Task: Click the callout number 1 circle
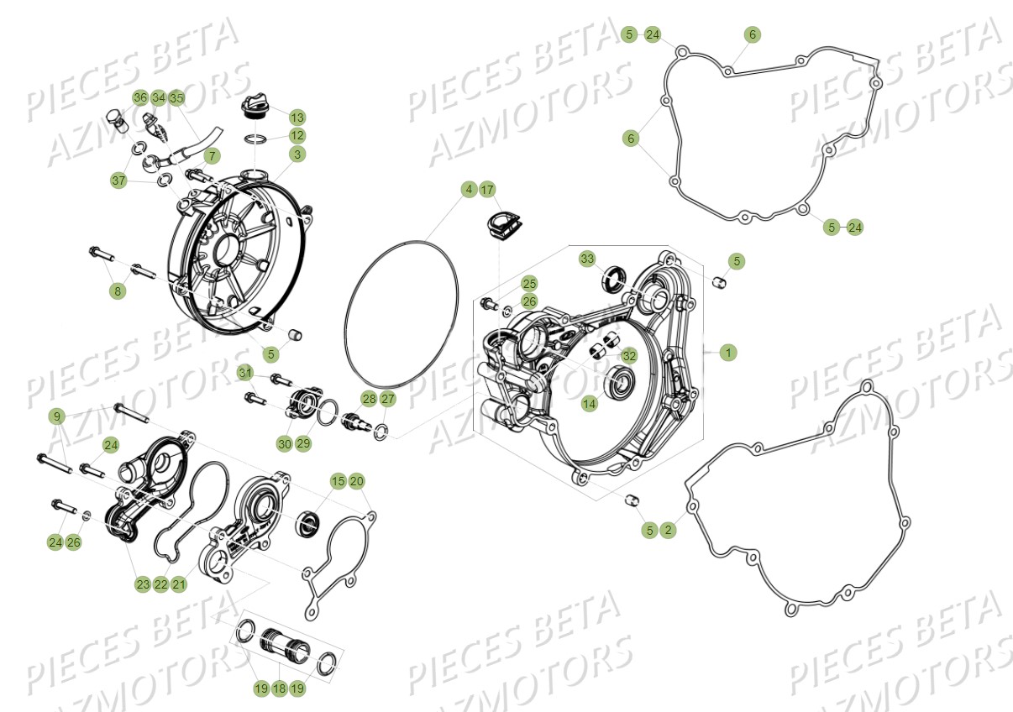click(x=728, y=353)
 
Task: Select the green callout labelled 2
click(x=668, y=530)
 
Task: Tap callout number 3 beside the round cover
click(x=297, y=154)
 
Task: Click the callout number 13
click(x=297, y=116)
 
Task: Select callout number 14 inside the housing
click(x=590, y=404)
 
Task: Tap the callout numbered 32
click(x=629, y=355)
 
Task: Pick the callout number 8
click(x=118, y=291)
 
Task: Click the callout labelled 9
click(x=56, y=416)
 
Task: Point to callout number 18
click(x=280, y=688)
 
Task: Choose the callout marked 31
click(x=244, y=373)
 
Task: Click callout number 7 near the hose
click(x=211, y=156)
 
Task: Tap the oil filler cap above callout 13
click(x=254, y=106)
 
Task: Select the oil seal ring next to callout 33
click(x=616, y=277)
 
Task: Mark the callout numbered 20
click(x=357, y=481)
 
